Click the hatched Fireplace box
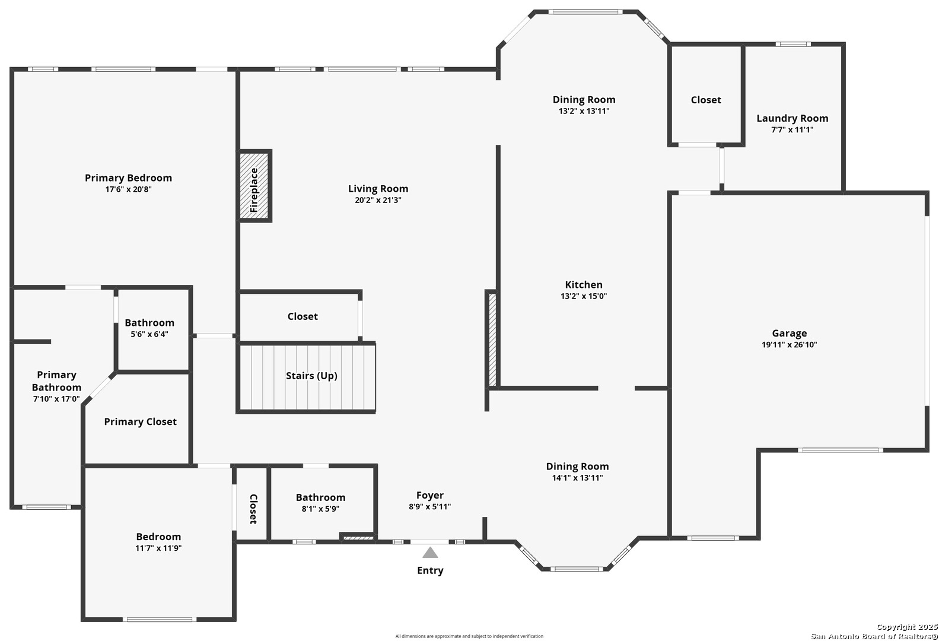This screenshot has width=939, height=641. click(254, 185)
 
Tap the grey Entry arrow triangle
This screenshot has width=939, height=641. click(430, 553)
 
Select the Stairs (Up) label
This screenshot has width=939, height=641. click(311, 376)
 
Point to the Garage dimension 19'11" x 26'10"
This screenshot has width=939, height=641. click(790, 345)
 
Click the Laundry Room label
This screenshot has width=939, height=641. click(792, 118)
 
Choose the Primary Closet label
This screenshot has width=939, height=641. click(141, 422)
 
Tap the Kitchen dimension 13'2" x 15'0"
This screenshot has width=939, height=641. click(584, 296)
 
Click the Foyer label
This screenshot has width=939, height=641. click(429, 496)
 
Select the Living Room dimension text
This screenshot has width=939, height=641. click(378, 200)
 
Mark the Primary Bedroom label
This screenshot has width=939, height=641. click(128, 178)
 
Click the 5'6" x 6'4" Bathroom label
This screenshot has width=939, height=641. click(149, 323)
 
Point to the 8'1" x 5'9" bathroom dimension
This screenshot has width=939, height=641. click(321, 509)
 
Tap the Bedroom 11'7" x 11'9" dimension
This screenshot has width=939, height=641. click(158, 548)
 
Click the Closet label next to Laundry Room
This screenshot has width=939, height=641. click(706, 100)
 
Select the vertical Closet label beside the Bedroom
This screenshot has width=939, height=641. click(253, 509)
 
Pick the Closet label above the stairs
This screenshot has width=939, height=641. click(303, 316)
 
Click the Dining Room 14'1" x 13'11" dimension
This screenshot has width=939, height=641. click(577, 478)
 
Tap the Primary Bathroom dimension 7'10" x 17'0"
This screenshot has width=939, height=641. click(56, 399)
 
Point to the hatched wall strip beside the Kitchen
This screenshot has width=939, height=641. click(492, 340)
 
